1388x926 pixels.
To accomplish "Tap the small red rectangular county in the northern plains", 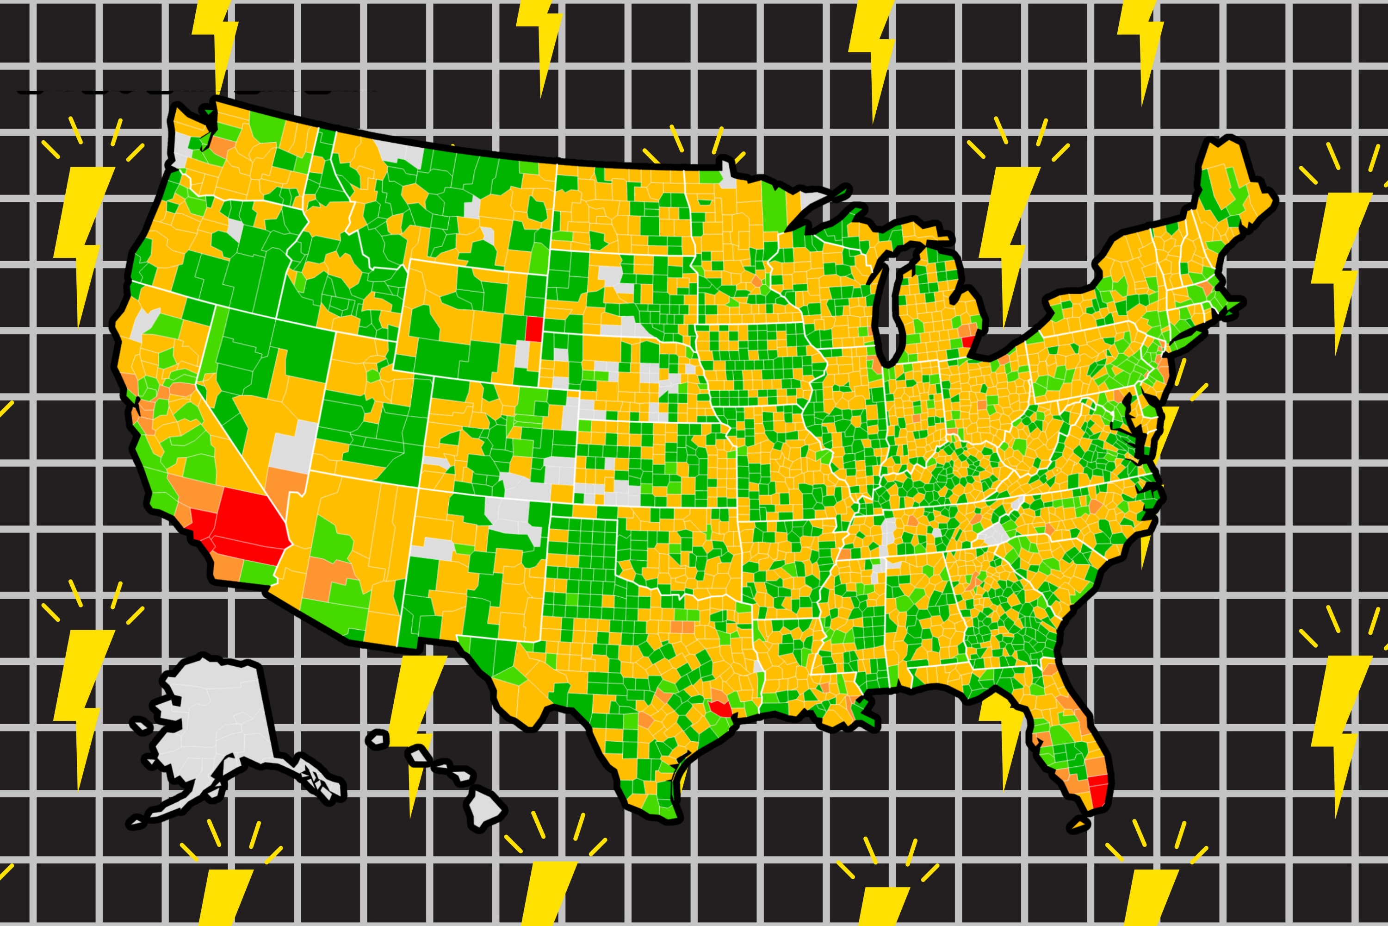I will pos(533,328).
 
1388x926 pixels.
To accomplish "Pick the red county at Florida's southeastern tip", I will pos(1098,791).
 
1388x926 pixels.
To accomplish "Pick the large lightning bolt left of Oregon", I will pos(83,236).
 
